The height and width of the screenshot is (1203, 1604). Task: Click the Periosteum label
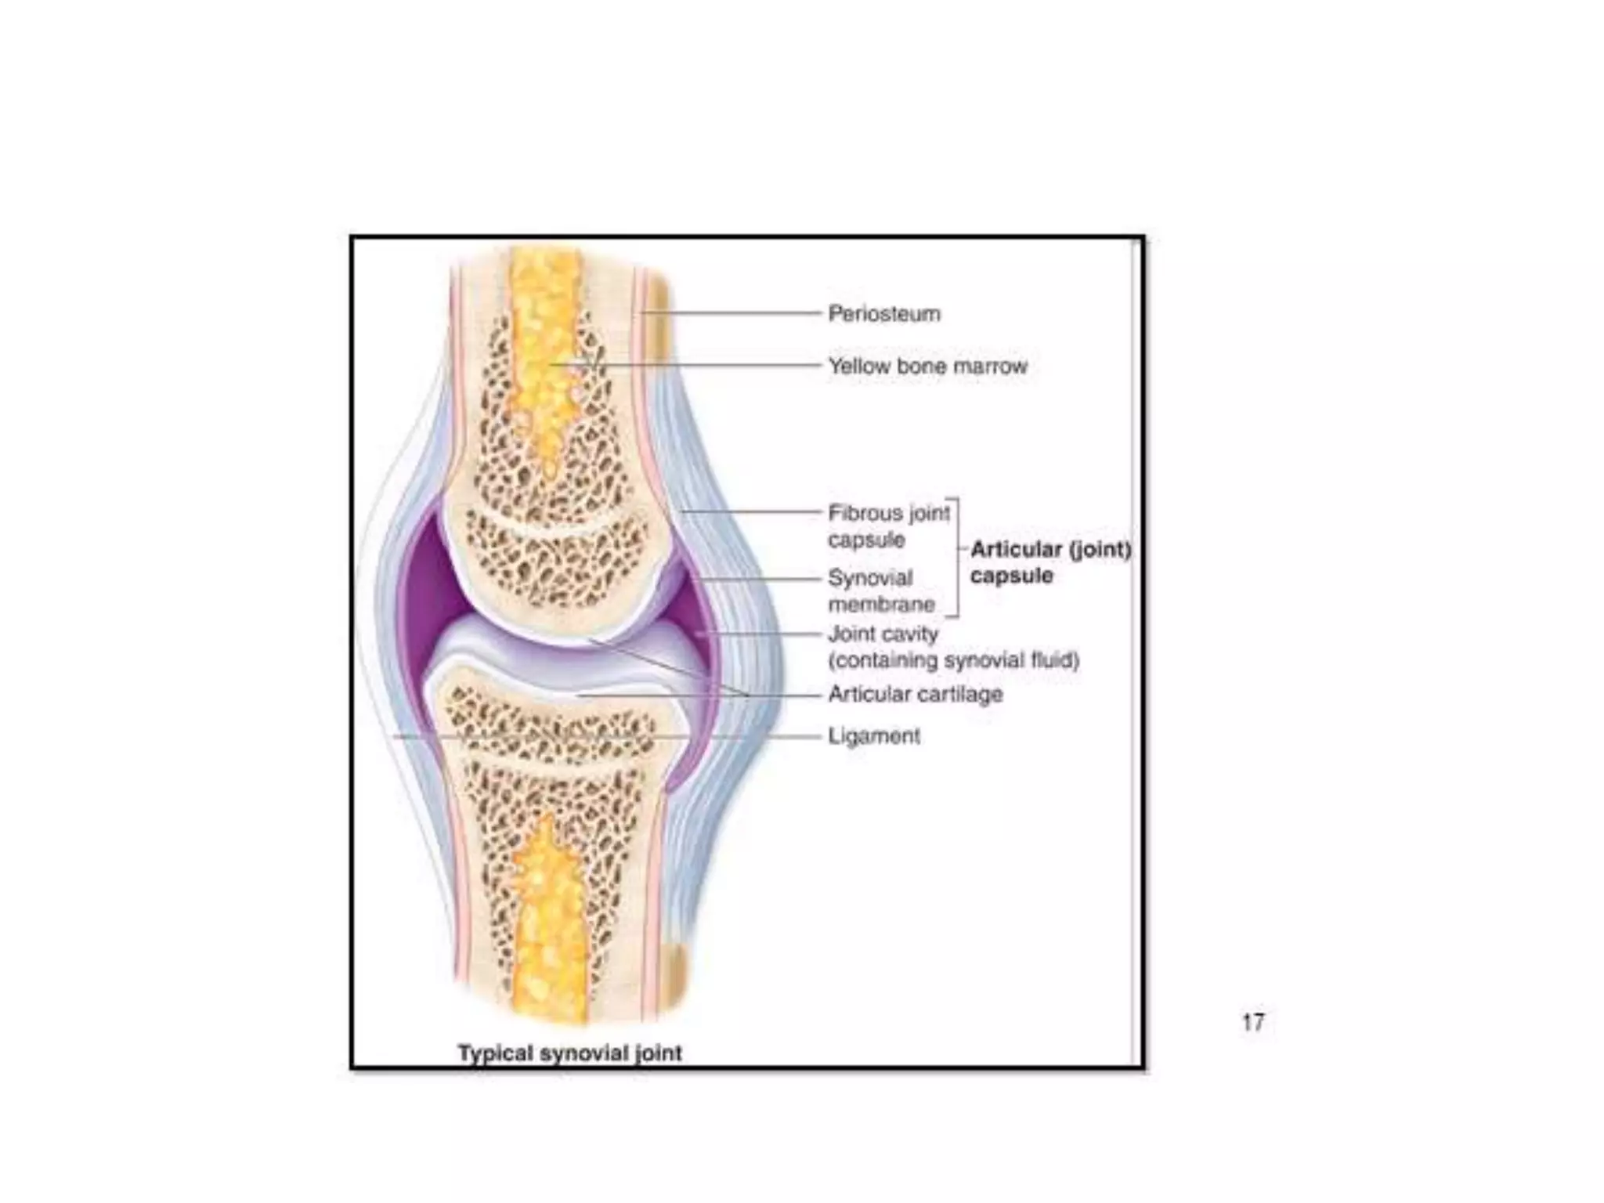(x=884, y=314)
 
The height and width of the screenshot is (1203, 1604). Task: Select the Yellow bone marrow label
(x=927, y=367)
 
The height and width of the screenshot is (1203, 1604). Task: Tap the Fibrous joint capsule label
(x=888, y=526)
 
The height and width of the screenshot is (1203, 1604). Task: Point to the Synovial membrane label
(x=880, y=591)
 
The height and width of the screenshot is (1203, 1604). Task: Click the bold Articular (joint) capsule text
(x=1050, y=562)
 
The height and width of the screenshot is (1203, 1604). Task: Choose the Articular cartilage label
(x=915, y=695)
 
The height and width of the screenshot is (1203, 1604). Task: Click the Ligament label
(x=874, y=736)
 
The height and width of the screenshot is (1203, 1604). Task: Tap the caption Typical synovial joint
(x=570, y=1053)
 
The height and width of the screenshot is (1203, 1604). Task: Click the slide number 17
(x=1253, y=1022)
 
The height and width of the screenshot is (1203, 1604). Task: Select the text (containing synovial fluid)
(x=954, y=661)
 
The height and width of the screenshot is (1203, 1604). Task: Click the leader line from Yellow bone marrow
(x=705, y=366)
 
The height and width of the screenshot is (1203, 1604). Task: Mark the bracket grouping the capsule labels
(x=957, y=556)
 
